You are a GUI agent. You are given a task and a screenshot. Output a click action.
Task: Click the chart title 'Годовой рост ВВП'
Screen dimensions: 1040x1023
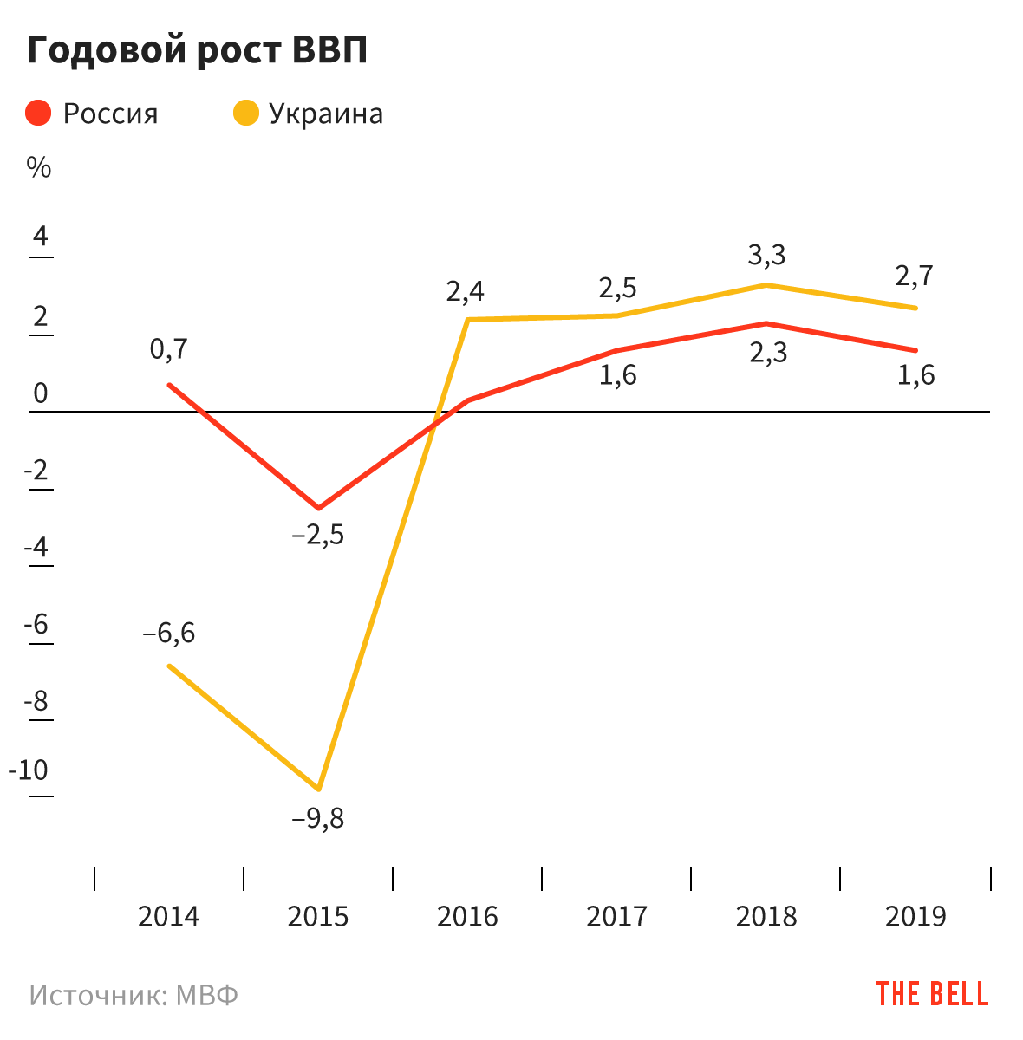coord(198,50)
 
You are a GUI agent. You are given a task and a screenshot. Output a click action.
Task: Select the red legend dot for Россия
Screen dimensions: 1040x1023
coord(39,114)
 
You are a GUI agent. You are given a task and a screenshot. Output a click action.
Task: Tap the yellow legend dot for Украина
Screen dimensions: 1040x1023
coord(246,114)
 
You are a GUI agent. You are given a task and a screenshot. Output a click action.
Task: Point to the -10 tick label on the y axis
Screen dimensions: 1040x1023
coord(29,770)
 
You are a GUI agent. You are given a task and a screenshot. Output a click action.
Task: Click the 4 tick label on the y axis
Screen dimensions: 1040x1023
coord(41,237)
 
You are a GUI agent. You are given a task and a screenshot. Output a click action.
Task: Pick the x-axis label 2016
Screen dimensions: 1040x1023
coord(467,916)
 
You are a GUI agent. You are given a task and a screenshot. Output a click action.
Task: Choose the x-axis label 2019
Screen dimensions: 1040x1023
coord(915,916)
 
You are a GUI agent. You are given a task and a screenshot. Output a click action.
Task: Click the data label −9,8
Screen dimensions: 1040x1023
coord(318,818)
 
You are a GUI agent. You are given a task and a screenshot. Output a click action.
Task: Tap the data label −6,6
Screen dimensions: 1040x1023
coord(169,634)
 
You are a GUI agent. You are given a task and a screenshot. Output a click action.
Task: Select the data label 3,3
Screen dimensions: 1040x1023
coord(766,255)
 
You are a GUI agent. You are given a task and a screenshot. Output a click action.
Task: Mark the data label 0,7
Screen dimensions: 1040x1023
coord(168,349)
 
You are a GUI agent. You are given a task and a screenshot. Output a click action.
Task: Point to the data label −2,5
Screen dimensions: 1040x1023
coord(318,535)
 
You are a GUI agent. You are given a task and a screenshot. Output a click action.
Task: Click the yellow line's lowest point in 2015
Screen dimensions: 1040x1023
coord(319,789)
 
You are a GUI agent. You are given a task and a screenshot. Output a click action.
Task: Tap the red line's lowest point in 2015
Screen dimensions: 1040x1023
coord(318,508)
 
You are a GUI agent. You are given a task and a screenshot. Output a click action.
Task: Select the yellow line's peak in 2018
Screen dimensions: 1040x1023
coord(766,285)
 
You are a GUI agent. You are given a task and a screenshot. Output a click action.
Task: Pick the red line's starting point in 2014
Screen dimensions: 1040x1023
coord(169,385)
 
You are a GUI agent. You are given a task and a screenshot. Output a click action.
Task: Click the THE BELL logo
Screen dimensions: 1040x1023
coord(931,994)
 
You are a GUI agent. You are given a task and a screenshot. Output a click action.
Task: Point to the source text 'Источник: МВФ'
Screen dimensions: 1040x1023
coord(134,995)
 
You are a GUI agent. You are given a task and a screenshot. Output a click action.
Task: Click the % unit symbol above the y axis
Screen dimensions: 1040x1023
coord(39,168)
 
